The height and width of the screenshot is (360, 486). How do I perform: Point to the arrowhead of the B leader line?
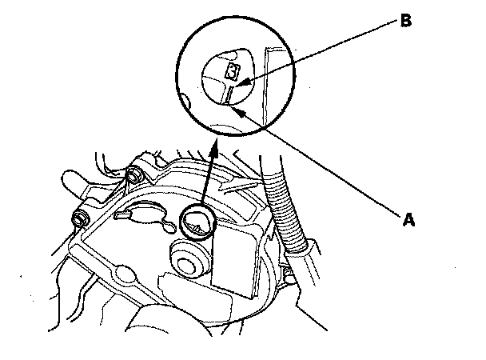tap(243, 82)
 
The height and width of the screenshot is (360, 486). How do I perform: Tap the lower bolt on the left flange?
tap(81, 218)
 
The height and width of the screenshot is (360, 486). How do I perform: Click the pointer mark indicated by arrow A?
tap(229, 97)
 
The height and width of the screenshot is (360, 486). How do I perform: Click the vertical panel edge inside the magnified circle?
tap(266, 80)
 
